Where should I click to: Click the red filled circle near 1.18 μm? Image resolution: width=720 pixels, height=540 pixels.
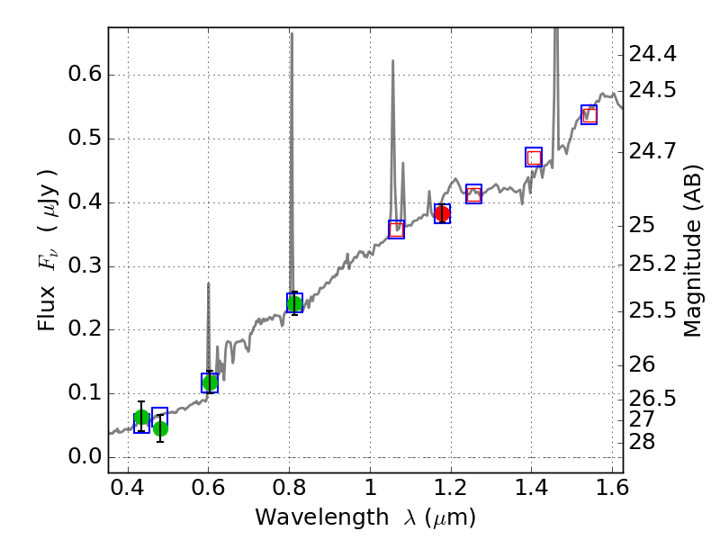click(442, 213)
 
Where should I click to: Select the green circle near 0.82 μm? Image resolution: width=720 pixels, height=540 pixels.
click(294, 302)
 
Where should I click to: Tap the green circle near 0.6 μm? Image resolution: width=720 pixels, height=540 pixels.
click(210, 382)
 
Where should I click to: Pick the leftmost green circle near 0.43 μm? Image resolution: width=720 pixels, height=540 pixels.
click(141, 418)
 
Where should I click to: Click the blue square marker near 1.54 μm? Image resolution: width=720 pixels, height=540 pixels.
click(589, 114)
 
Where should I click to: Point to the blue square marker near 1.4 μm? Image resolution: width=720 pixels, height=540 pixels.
click(534, 157)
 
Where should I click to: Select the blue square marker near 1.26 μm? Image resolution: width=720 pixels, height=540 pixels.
click(473, 193)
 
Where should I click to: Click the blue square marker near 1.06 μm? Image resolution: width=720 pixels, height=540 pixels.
click(396, 229)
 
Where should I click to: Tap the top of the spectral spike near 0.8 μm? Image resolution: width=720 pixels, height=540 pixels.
click(292, 34)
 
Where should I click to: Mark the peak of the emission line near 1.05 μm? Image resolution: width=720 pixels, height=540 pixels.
click(392, 61)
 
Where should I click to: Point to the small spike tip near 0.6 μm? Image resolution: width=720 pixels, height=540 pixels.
click(209, 283)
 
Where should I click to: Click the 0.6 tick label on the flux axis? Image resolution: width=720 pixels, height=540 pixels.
click(81, 75)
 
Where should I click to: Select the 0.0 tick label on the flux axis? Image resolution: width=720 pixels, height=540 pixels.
click(81, 457)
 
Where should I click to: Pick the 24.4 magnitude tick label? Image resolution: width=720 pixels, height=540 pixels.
click(653, 55)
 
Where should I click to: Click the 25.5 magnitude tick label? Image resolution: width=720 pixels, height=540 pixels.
click(653, 310)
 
